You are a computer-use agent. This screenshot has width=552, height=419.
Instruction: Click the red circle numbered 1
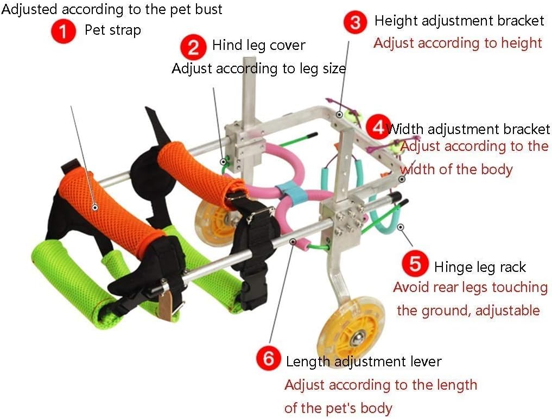point(64,31)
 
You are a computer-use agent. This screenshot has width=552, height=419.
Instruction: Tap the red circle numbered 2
point(194,47)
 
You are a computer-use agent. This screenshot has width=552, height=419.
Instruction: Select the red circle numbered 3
point(356,22)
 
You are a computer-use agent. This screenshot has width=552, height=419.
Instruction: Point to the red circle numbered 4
point(378,127)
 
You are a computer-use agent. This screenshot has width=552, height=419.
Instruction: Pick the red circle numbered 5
point(415,263)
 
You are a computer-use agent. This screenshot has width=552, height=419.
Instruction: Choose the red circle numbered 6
point(269,358)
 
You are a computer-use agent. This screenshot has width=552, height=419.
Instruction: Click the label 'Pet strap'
point(113,30)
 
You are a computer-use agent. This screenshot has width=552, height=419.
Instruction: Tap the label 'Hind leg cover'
point(259,45)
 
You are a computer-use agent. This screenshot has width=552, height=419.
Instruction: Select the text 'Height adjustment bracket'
point(459,21)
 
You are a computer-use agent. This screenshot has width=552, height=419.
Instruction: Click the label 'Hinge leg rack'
point(480,267)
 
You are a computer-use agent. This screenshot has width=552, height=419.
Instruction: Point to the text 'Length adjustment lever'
point(364,361)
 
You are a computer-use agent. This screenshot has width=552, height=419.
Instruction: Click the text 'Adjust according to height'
point(458,43)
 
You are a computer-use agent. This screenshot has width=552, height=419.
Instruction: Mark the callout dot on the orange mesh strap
point(94,207)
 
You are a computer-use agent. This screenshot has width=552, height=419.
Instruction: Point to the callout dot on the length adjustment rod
point(293,241)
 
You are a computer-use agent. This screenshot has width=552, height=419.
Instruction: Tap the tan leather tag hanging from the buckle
point(165,305)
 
